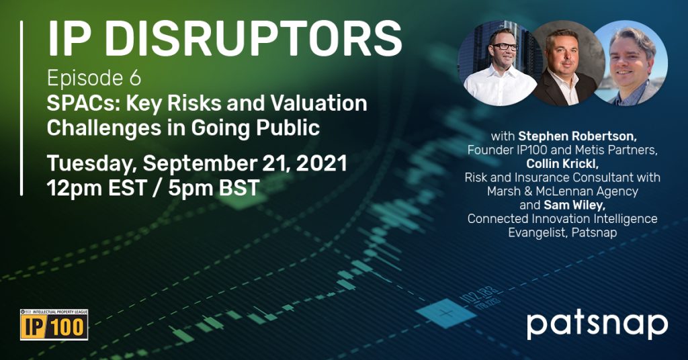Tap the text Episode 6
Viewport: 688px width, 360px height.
click(x=94, y=79)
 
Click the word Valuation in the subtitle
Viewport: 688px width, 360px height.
click(x=318, y=103)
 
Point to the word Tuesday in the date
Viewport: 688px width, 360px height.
click(x=91, y=164)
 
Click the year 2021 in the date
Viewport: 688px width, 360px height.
click(x=322, y=164)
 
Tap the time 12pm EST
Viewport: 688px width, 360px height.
click(x=97, y=187)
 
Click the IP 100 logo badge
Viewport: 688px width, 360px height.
click(x=54, y=325)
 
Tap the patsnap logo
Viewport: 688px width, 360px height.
click(x=597, y=325)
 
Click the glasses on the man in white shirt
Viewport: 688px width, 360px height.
click(x=504, y=46)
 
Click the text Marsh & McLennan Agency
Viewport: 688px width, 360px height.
click(x=562, y=191)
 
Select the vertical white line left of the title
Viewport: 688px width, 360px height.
click(x=21, y=108)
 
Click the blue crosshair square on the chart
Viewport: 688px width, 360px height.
click(x=446, y=313)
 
